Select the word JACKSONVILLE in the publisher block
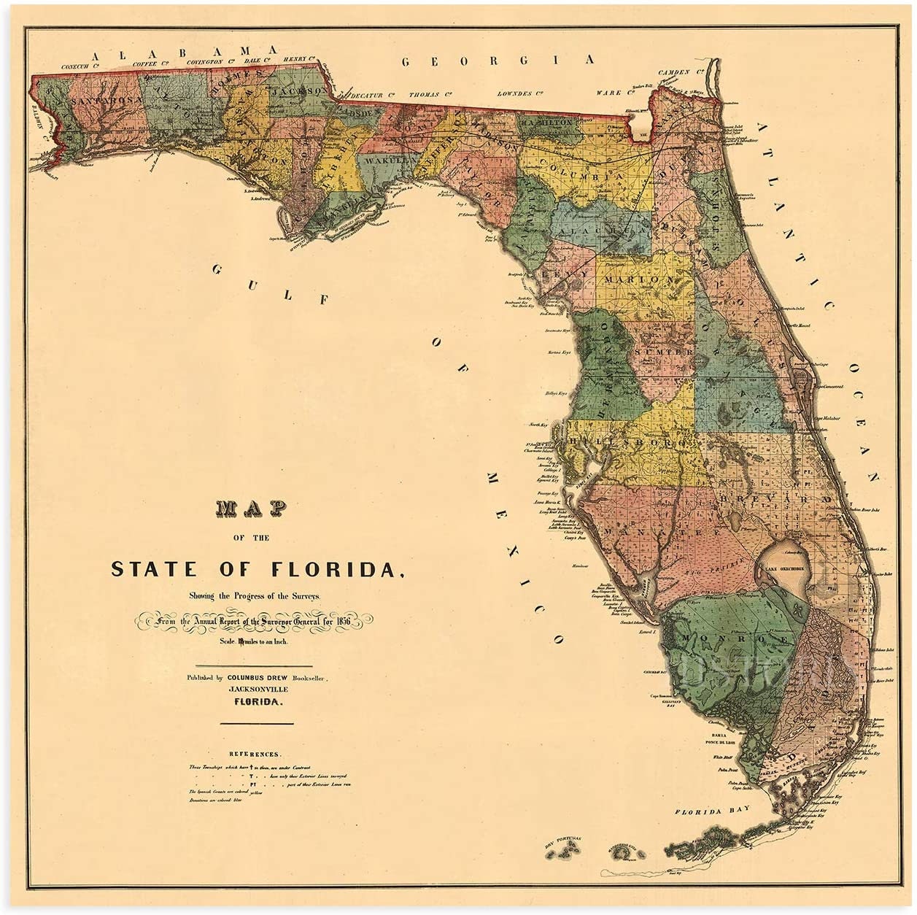pos(258,689)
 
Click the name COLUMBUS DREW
pos(260,677)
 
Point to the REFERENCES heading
pos(254,754)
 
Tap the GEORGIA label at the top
pos(498,61)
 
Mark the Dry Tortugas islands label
pos(562,841)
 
